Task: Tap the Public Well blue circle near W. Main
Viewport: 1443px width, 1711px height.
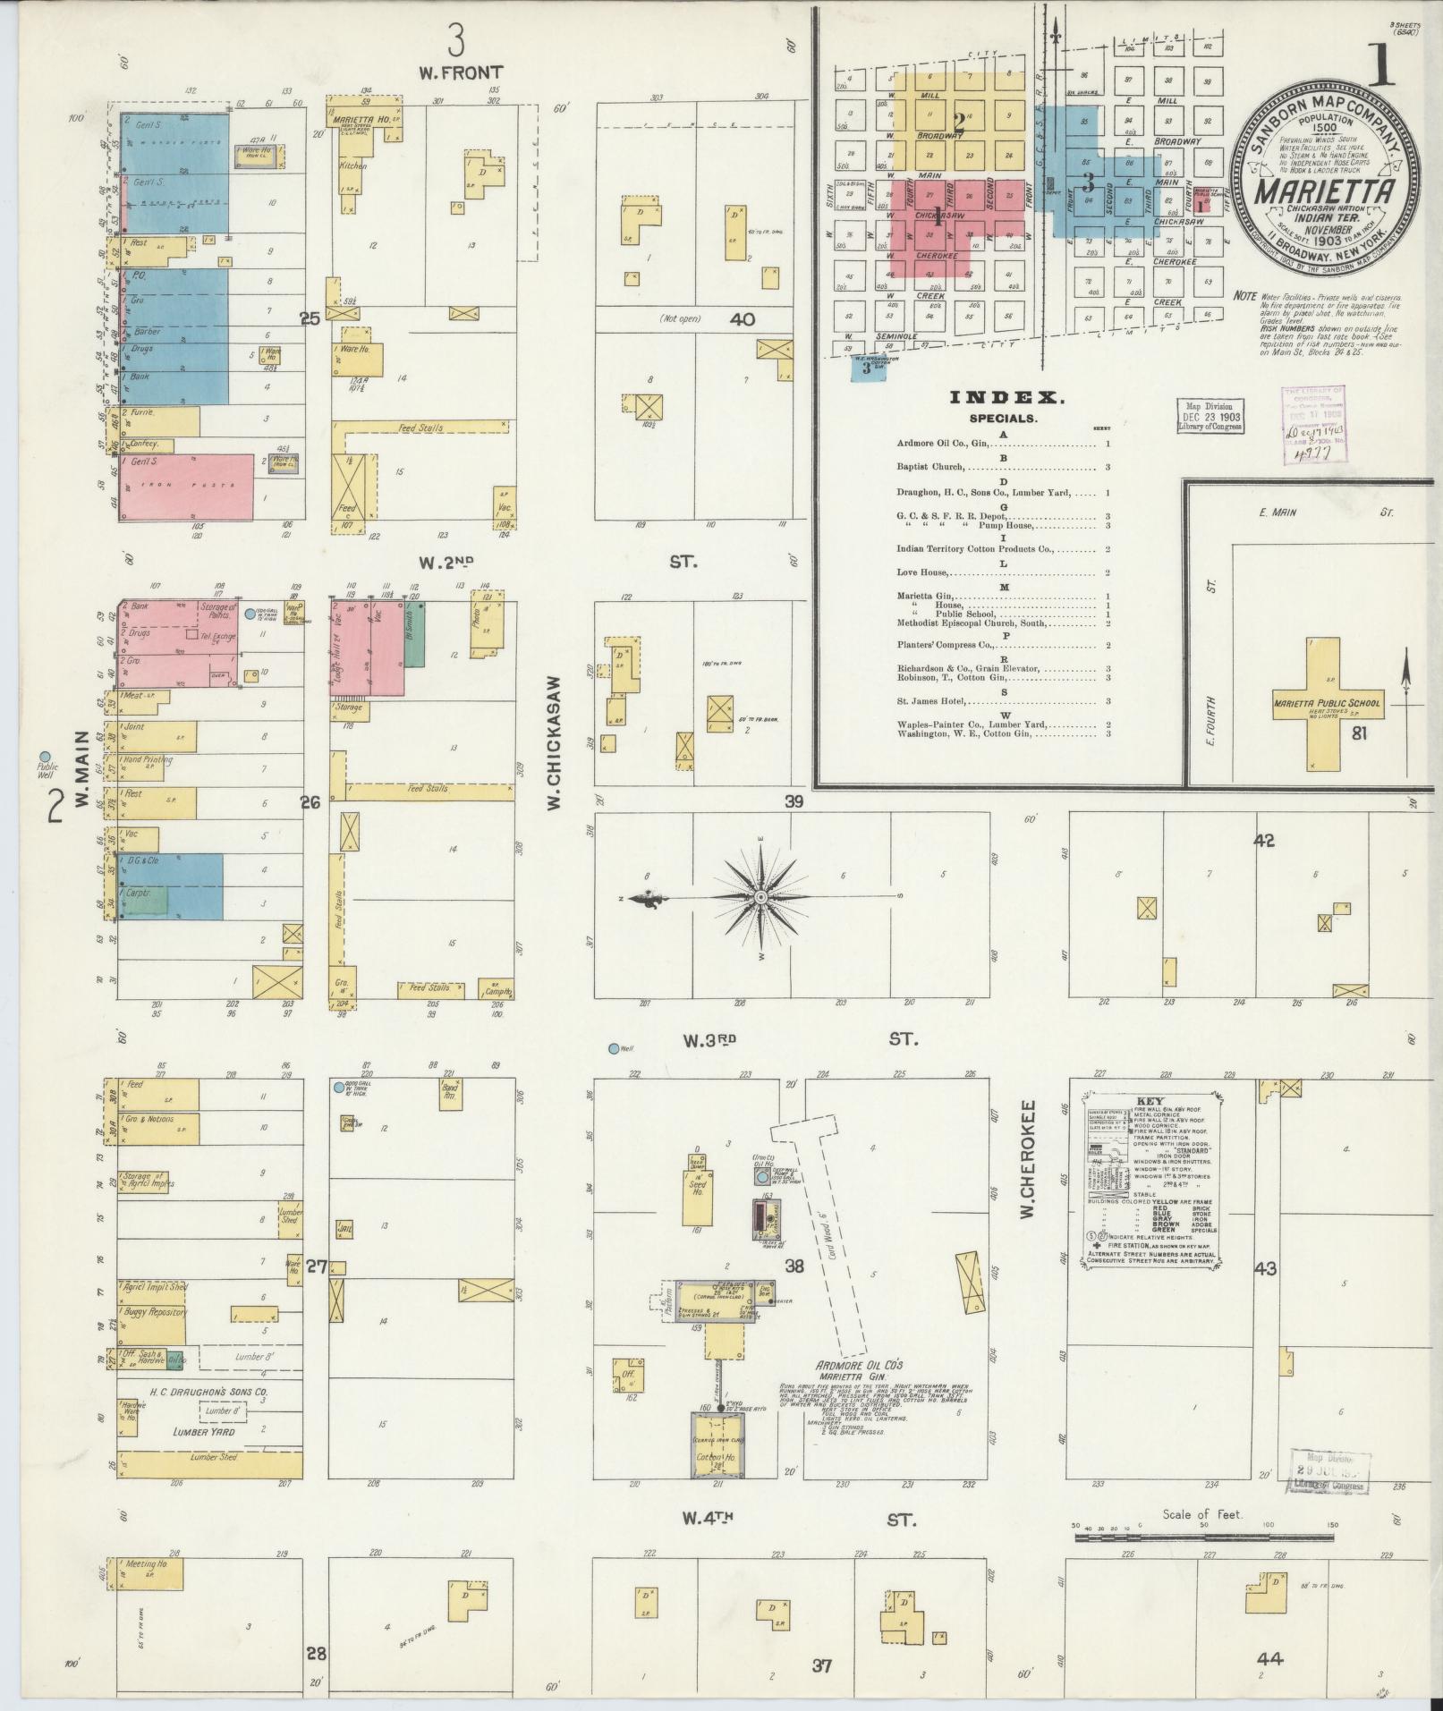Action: pyautogui.click(x=45, y=757)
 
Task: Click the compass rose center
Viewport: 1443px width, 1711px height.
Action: pyautogui.click(x=760, y=896)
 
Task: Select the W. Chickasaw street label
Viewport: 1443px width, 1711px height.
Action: pyautogui.click(x=554, y=742)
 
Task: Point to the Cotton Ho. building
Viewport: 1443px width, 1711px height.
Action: pyautogui.click(x=717, y=1457)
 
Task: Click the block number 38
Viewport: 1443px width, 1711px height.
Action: pyautogui.click(x=794, y=1266)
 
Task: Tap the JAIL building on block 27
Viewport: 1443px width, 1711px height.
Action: pyautogui.click(x=344, y=1230)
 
